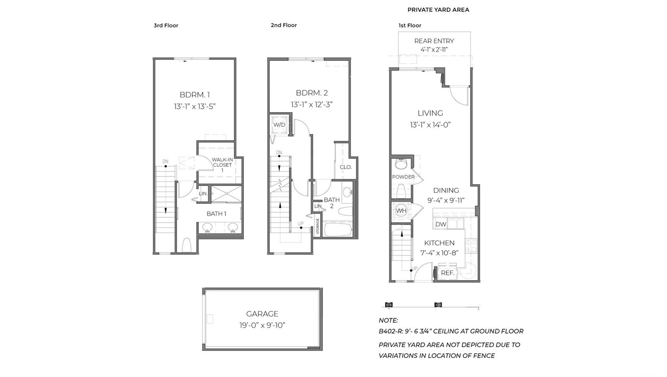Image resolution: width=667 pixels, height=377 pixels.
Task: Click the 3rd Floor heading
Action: click(x=166, y=25)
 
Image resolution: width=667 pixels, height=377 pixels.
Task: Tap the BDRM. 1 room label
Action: click(x=195, y=95)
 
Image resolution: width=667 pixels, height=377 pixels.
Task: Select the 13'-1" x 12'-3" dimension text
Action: click(x=311, y=105)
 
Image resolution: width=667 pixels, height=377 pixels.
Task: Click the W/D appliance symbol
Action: click(x=279, y=125)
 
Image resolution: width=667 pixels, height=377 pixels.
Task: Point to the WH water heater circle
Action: click(x=401, y=211)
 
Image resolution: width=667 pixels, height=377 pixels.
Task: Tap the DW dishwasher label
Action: click(x=441, y=224)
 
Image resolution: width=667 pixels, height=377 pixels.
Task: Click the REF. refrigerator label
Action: click(x=447, y=273)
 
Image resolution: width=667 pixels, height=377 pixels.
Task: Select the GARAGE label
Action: click(x=262, y=314)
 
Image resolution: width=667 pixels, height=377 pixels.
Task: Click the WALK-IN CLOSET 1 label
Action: click(x=222, y=165)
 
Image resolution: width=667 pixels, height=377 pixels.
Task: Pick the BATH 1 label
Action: click(x=216, y=214)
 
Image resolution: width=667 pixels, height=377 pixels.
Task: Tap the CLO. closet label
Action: click(x=346, y=167)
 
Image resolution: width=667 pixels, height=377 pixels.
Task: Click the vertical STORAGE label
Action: click(x=317, y=226)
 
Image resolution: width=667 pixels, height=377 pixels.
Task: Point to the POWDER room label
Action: click(x=403, y=177)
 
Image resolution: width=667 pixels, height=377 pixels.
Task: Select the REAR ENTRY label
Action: click(x=434, y=41)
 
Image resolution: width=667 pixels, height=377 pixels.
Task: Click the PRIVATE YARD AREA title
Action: click(x=438, y=10)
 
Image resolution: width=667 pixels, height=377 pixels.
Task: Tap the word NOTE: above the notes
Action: click(x=388, y=320)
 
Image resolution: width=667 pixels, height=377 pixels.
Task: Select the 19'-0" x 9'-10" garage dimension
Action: click(x=262, y=325)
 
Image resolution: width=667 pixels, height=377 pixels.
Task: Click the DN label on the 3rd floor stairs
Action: click(x=165, y=161)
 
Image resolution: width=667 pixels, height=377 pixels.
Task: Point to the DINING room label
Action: click(x=446, y=190)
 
